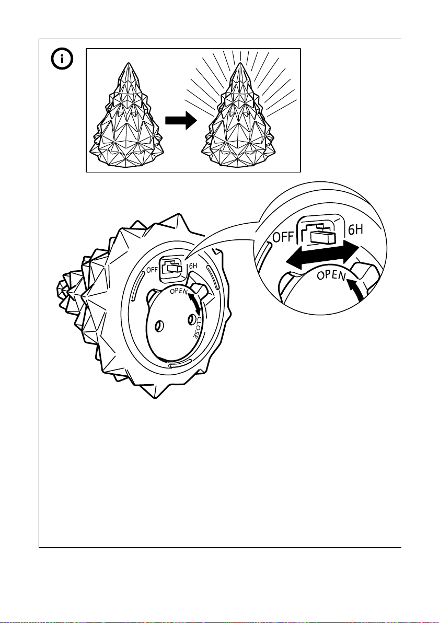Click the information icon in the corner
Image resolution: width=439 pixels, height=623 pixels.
coord(62,59)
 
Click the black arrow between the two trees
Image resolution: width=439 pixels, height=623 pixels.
coord(181,120)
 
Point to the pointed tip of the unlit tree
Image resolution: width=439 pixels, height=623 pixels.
coord(128,64)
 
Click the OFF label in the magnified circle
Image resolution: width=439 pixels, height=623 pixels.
coord(283,238)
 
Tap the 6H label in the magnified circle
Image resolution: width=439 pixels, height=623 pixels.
coord(356,230)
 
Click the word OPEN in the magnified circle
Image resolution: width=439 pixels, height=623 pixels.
coord(331,274)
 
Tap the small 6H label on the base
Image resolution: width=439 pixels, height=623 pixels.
coord(193,266)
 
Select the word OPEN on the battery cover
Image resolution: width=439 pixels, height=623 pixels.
coord(179,291)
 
